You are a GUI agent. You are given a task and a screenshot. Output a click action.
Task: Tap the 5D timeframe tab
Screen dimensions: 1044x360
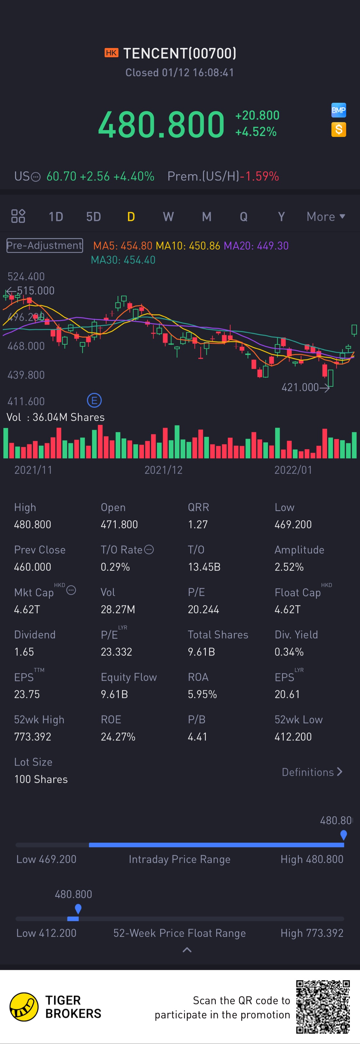pyautogui.click(x=93, y=217)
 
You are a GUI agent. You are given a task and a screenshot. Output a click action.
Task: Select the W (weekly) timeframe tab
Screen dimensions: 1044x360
pyautogui.click(x=168, y=217)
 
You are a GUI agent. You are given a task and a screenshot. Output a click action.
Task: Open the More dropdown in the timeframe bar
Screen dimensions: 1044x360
pyautogui.click(x=325, y=217)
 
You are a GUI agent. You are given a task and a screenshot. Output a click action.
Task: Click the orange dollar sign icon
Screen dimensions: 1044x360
pyautogui.click(x=339, y=130)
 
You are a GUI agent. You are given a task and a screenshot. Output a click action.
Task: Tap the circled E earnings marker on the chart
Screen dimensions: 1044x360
pyautogui.click(x=94, y=401)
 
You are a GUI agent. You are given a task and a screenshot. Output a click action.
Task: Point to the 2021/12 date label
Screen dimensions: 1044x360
pyautogui.click(x=164, y=470)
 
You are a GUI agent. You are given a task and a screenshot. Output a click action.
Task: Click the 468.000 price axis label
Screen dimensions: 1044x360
pyautogui.click(x=26, y=346)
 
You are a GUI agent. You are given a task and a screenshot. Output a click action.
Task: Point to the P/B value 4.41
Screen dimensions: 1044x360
pyautogui.click(x=197, y=737)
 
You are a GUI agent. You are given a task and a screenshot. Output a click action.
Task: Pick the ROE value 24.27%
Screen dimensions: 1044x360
pyautogui.click(x=118, y=737)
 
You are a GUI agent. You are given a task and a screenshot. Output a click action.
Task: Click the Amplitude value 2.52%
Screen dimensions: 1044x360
pyautogui.click(x=289, y=567)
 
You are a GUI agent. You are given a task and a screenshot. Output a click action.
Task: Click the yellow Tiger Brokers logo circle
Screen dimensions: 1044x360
pyautogui.click(x=24, y=1007)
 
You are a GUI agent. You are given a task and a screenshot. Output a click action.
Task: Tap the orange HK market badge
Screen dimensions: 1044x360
pyautogui.click(x=111, y=53)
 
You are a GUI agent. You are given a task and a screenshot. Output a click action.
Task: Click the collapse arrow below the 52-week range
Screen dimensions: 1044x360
pyautogui.click(x=187, y=950)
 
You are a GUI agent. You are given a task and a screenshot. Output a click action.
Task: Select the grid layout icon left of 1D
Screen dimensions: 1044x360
pyautogui.click(x=18, y=216)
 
